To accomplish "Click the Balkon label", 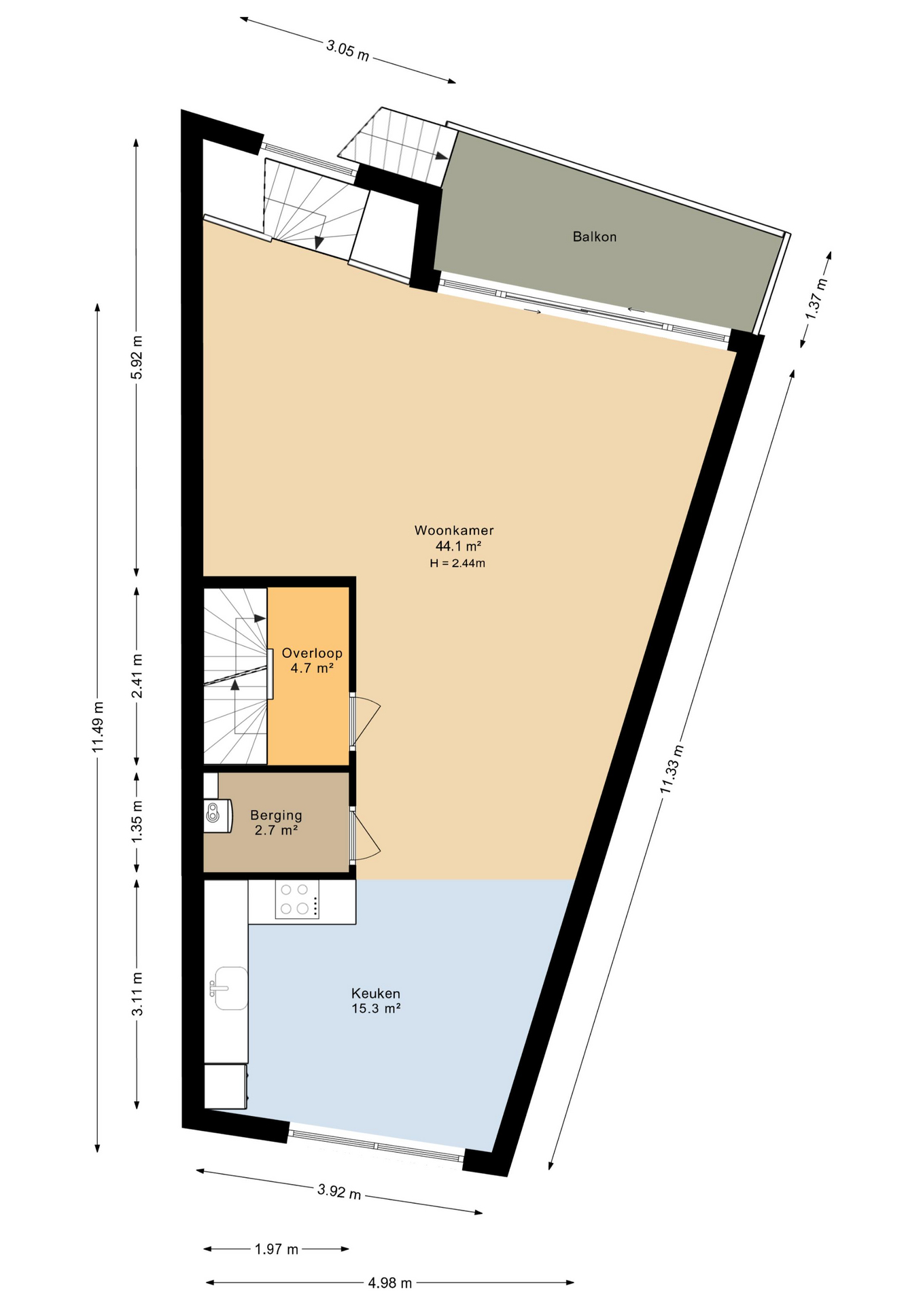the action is click(594, 237).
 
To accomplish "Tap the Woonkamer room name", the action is click(454, 530).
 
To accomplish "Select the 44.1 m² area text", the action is click(458, 546).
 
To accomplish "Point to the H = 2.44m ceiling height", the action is click(457, 563).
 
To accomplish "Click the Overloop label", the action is click(312, 653).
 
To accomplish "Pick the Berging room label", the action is click(276, 815).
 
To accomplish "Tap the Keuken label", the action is click(376, 993).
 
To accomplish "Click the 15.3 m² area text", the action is click(376, 1009).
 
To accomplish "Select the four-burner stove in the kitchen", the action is click(297, 899).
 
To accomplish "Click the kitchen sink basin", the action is click(229, 988).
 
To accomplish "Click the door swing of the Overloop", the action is click(366, 720).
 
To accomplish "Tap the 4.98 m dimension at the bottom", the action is click(390, 1283).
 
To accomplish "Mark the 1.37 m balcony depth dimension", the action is click(816, 298).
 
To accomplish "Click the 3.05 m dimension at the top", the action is click(348, 50).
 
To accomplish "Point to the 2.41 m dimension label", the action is click(137, 676).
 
